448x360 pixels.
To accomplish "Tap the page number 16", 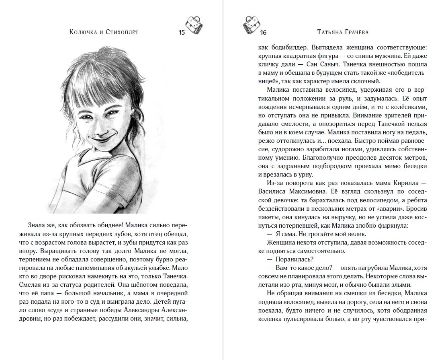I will (x=263, y=33).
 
